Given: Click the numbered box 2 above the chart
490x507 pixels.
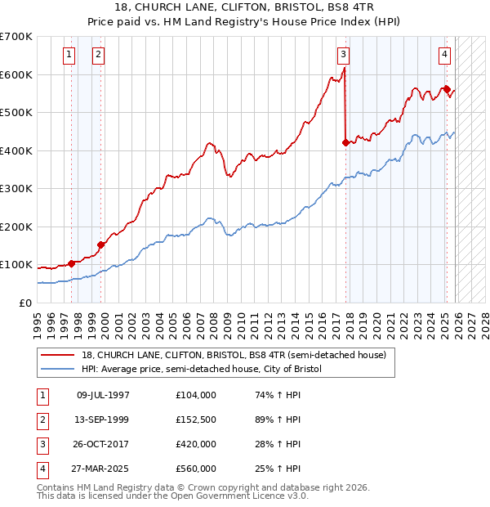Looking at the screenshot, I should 97,55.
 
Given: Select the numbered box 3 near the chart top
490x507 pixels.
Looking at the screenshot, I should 343,55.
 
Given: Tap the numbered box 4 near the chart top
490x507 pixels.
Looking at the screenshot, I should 444,55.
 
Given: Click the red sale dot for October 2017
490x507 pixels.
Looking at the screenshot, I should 345,142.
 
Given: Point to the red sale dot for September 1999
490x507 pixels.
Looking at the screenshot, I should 101,244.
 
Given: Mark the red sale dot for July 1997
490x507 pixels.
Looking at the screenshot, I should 71,262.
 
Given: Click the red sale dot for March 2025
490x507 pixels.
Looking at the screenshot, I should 447,89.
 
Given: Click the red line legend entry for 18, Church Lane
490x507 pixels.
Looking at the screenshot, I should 238,355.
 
